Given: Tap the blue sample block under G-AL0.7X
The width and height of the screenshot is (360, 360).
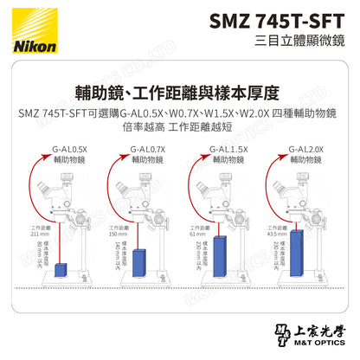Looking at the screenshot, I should [x=140, y=261].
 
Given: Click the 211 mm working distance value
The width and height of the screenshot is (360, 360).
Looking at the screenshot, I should [x=29, y=234].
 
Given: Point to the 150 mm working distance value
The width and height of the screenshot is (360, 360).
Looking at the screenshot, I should [x=108, y=234].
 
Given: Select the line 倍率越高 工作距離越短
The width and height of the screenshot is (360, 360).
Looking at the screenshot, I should [x=179, y=127].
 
